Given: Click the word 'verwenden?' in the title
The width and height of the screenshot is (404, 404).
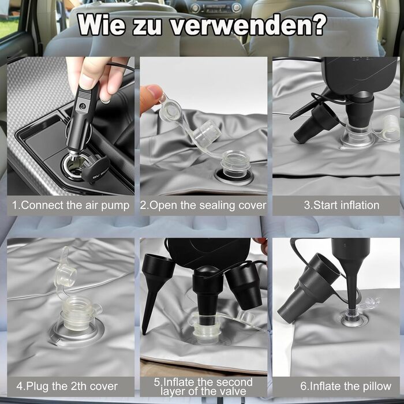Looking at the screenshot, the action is (x=249, y=25).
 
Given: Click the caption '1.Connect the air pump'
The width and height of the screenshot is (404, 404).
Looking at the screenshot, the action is (x=70, y=205).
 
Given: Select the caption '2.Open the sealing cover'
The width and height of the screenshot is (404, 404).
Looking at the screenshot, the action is (x=203, y=205).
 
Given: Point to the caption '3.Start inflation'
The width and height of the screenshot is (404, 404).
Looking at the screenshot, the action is (x=342, y=205).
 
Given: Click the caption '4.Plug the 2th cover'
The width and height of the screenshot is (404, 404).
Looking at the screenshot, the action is (x=67, y=386).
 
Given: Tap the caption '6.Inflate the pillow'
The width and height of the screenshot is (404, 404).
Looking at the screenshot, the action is (x=346, y=386).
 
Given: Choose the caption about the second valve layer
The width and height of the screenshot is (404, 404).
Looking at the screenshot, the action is (x=203, y=387).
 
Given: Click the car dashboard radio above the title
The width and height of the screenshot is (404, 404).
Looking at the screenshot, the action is (x=216, y=8).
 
